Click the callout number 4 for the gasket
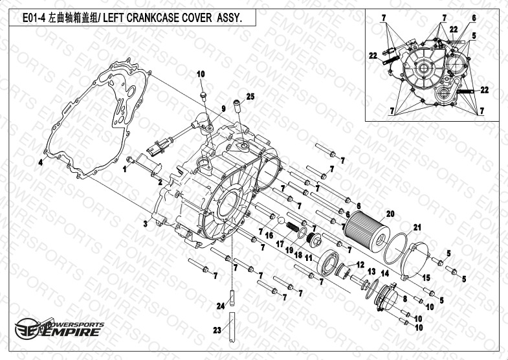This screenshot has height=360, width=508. coord(41,163)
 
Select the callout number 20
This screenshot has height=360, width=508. coord(390,214)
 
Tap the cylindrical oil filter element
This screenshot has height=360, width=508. coord(367,232)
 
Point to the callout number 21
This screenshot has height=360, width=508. coord(417,227)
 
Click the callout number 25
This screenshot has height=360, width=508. coord(250,96)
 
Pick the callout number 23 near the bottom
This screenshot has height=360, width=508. coord(217,330)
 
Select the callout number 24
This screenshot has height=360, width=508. coord(221,306)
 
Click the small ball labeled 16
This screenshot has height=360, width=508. coord(281,221)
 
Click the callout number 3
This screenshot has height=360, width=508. coord(146,223)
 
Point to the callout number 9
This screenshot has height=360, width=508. coord(223,109)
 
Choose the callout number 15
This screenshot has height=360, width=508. coord(426,277)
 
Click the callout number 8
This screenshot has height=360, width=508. coord(404,298)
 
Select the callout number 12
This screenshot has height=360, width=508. coord(360,265)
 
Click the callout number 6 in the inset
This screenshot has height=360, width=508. coord(474,18)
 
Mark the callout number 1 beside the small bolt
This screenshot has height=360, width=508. coord(125,169)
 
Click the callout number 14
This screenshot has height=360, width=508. coord(384,273)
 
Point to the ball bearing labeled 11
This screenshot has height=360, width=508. coord(327,262)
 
